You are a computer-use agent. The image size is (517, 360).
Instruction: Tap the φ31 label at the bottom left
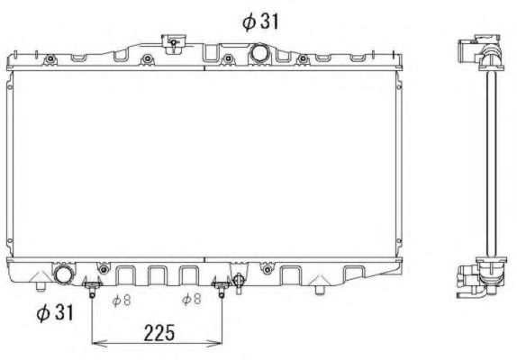pyautogui.click(x=53, y=312)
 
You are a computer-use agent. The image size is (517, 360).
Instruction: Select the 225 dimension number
pyautogui.click(x=158, y=332)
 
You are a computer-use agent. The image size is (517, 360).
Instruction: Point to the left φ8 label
pyautogui.click(x=121, y=300)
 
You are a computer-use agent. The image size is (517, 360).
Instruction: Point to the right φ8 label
pyautogui.click(x=191, y=300)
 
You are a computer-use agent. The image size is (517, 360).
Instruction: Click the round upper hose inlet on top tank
pyautogui.click(x=262, y=52)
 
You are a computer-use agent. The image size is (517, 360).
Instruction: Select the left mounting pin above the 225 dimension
pyautogui.click(x=92, y=289)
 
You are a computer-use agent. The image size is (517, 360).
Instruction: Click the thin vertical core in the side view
pyautogui.click(x=490, y=162)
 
